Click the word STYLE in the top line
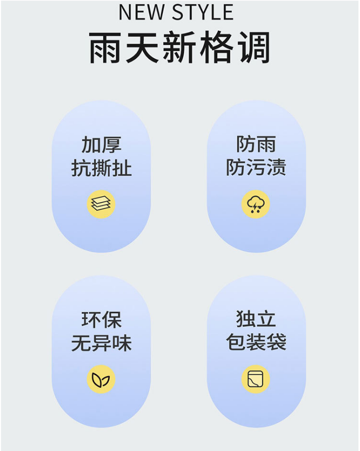click(x=203, y=12)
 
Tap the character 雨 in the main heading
click(x=107, y=48)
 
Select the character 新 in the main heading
click(x=179, y=48)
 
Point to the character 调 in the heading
click(x=252, y=48)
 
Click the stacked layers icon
click(x=101, y=204)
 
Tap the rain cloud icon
click(x=255, y=204)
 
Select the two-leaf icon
click(x=101, y=379)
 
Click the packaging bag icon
click(x=255, y=379)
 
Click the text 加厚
click(x=101, y=145)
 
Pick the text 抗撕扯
click(x=101, y=168)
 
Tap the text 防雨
click(x=255, y=145)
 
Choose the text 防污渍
click(x=255, y=168)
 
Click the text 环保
click(x=101, y=320)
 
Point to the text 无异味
click(x=101, y=343)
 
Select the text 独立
click(x=255, y=320)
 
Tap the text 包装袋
click(x=255, y=343)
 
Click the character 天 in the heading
click(x=143, y=48)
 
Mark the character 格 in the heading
click(x=216, y=48)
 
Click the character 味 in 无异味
click(x=122, y=343)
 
